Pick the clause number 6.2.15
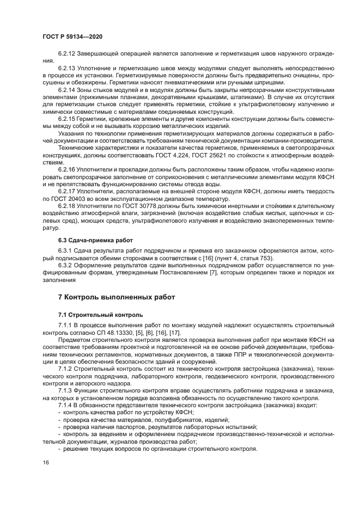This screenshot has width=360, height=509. pyautogui.click(x=68, y=118)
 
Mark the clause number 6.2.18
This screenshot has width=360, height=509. pyautogui.click(x=68, y=207)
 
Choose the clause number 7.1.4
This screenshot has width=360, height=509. pyautogui.click(x=66, y=406)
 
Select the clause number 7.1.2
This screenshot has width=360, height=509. pyautogui.click(x=66, y=368)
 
